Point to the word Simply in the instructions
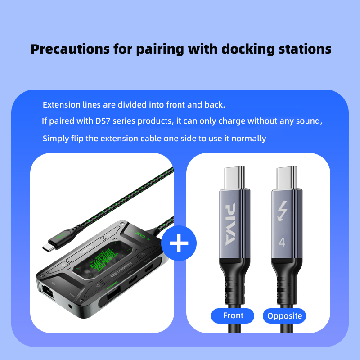tap(55, 138)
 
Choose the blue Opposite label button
tap(284, 315)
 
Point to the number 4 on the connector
tap(282, 242)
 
